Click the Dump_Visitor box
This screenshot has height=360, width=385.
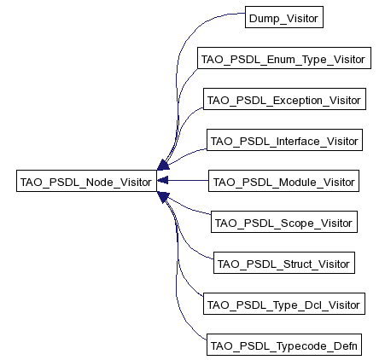coord(284,17)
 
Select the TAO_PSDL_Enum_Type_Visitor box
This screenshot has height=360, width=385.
coord(284,58)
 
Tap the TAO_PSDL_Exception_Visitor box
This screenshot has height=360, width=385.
coord(284,99)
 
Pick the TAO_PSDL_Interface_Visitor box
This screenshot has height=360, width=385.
coord(284,140)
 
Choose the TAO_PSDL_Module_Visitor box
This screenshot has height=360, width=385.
coord(283,181)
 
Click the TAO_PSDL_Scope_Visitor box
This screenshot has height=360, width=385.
coord(284,222)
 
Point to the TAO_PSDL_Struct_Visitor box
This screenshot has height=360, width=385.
coord(284,263)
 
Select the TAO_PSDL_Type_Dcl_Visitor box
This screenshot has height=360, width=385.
coord(284,304)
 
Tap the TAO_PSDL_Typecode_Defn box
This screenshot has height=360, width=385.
coord(284,345)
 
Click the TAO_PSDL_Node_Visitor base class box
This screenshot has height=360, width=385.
coord(86,181)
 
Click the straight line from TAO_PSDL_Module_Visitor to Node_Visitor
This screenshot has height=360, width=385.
coord(188,180)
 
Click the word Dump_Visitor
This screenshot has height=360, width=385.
coord(283,19)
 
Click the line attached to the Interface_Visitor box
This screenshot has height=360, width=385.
coord(186,155)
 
